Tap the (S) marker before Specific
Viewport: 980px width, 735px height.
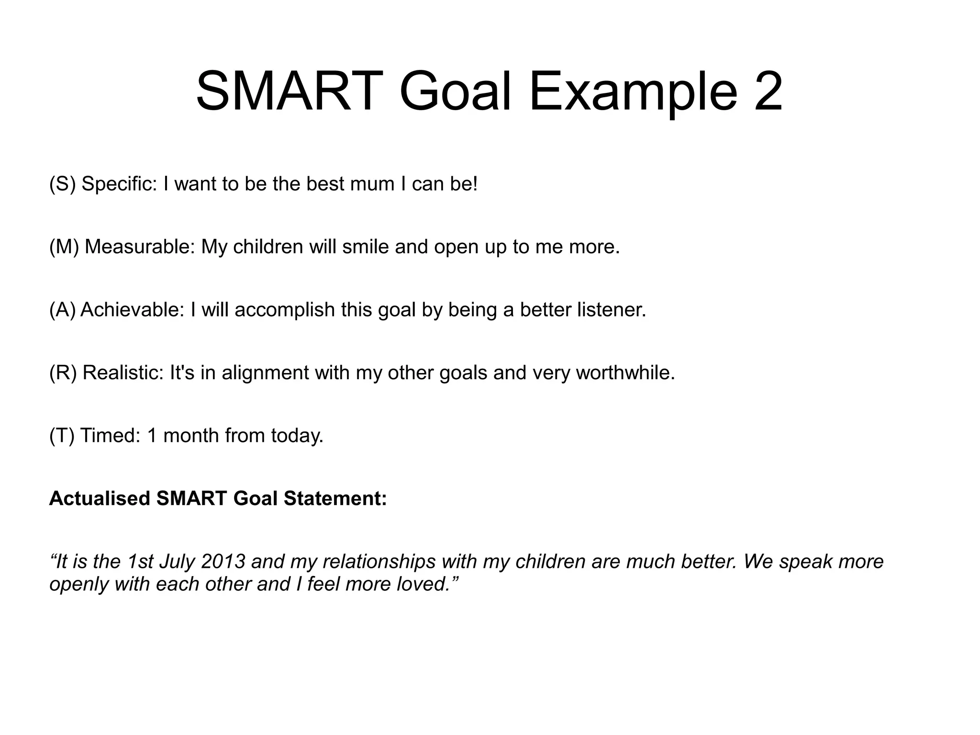tap(62, 184)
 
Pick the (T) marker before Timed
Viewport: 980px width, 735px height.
tap(62, 436)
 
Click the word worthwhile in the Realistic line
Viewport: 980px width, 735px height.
tap(624, 373)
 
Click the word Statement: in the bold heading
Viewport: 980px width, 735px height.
tap(335, 498)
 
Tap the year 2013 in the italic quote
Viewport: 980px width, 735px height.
tap(223, 562)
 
